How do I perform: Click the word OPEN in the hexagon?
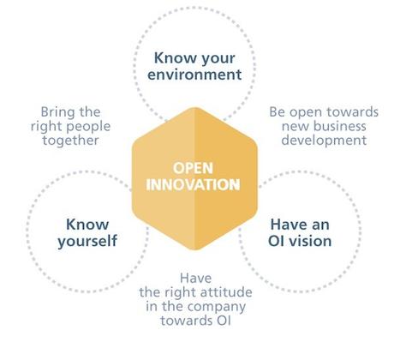(192, 168)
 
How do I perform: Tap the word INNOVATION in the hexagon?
(192, 184)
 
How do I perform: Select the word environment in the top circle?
(198, 75)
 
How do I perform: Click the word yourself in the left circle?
(87, 240)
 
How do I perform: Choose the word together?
(72, 140)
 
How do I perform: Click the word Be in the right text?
(277, 111)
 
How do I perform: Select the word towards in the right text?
(341, 111)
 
